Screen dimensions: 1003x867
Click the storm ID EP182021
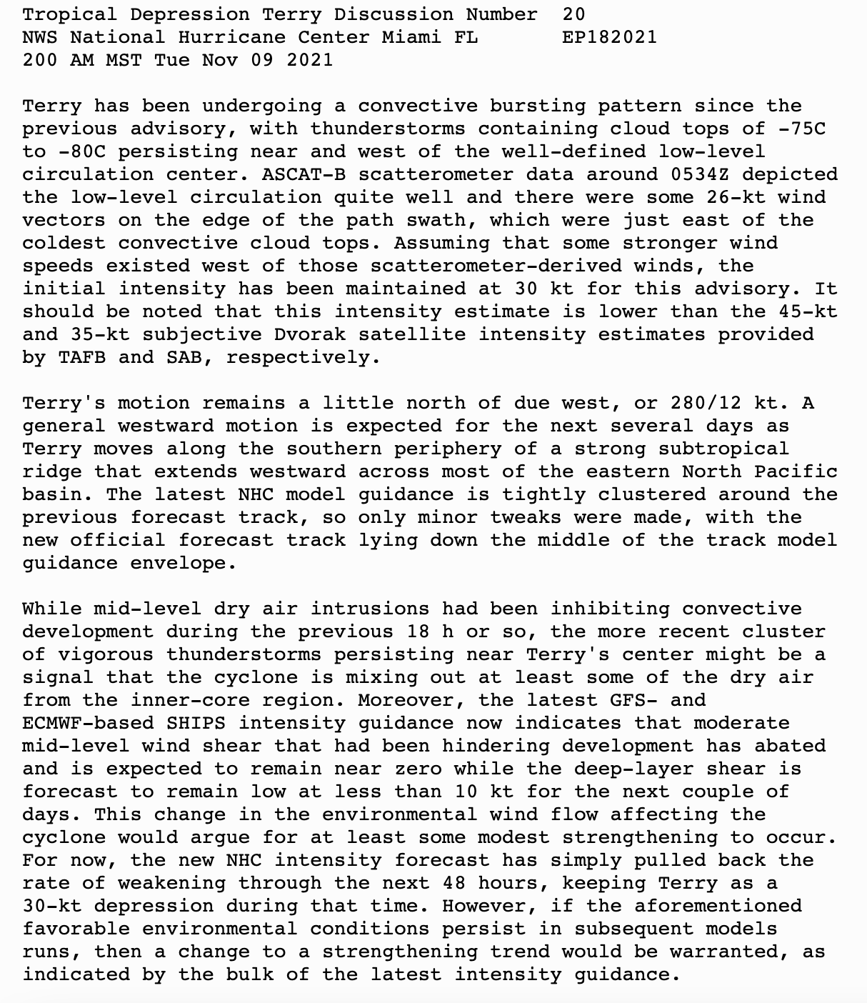point(609,37)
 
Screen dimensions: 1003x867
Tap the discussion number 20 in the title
point(573,14)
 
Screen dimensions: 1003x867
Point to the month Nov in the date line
point(219,60)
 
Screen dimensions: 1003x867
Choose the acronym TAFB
point(81,357)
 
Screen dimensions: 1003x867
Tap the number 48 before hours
point(453,883)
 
